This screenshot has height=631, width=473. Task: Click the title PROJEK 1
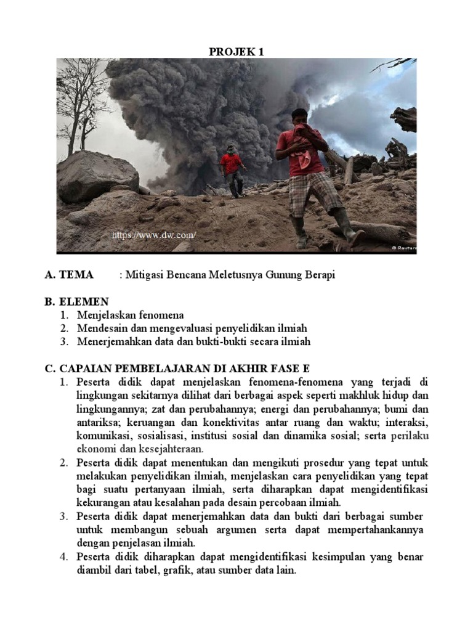point(236,52)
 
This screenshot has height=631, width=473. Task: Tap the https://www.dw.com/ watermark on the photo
point(153,235)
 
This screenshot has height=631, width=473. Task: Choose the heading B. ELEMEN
point(76,301)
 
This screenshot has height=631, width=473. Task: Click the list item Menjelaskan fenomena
point(131,315)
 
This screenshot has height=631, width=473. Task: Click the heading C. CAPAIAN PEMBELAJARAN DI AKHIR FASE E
point(177,368)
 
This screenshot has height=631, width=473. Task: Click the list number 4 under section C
point(63,557)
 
